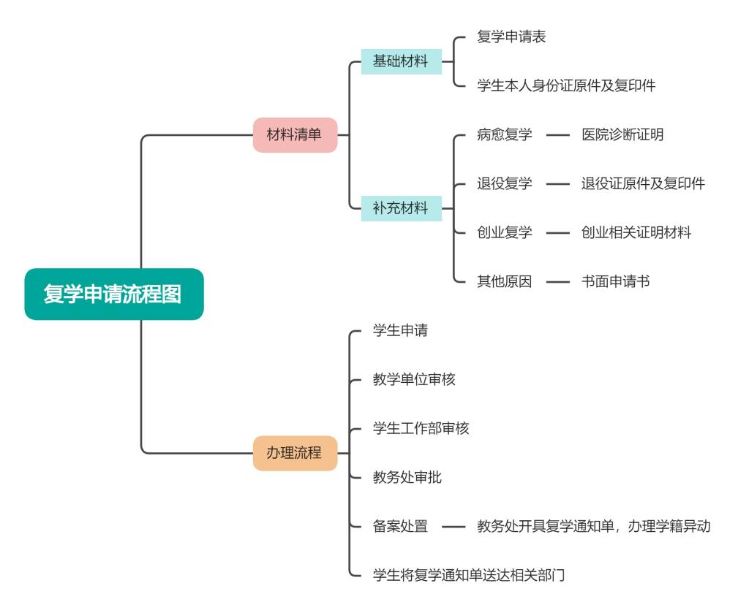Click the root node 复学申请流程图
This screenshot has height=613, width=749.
pyautogui.click(x=113, y=294)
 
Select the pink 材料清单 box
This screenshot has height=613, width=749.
pyautogui.click(x=295, y=134)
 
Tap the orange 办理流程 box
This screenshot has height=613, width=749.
pyautogui.click(x=295, y=452)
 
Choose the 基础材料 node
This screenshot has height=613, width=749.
pyautogui.click(x=400, y=61)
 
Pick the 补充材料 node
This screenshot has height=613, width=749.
pyautogui.click(x=400, y=208)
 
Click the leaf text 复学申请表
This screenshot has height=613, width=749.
pyautogui.click(x=511, y=37)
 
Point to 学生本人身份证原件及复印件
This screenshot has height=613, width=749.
pyautogui.click(x=565, y=85)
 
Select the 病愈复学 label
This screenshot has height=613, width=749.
pyautogui.click(x=504, y=134)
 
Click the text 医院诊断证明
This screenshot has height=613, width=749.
pyautogui.click(x=622, y=134)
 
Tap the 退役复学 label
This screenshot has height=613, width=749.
pyautogui.click(x=504, y=183)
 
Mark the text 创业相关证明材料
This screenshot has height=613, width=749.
pyautogui.click(x=636, y=232)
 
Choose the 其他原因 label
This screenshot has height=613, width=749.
pyautogui.click(x=504, y=281)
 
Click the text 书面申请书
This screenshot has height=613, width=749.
pyautogui.click(x=615, y=281)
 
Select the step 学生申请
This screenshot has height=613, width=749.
pyautogui.click(x=400, y=330)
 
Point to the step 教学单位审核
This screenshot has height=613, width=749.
pyautogui.click(x=414, y=379)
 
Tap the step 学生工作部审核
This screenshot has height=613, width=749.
pyautogui.click(x=421, y=428)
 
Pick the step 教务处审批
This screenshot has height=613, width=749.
pyautogui.click(x=407, y=477)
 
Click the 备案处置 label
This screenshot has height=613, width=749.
pyautogui.click(x=400, y=526)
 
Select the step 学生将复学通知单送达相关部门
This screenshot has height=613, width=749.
pyautogui.click(x=469, y=575)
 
